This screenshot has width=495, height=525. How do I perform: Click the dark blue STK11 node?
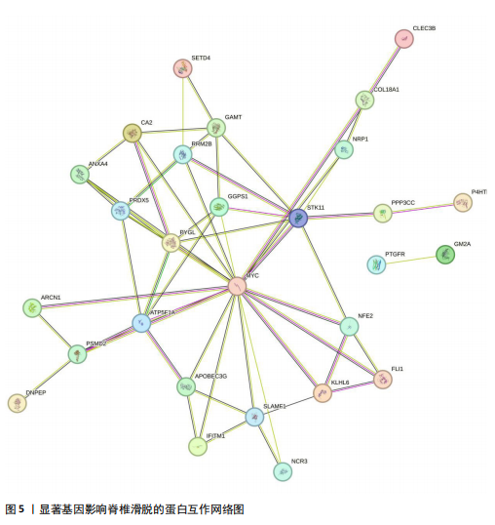[298, 219]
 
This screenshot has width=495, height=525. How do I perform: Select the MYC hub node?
[238, 286]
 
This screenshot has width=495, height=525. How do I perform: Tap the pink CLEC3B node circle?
[404, 39]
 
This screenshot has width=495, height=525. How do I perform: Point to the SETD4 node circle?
[183, 68]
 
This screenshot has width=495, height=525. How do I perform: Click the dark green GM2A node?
[445, 255]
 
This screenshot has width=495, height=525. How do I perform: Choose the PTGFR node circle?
[376, 264]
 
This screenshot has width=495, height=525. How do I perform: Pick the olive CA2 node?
[133, 134]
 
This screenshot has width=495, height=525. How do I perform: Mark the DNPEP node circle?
[18, 403]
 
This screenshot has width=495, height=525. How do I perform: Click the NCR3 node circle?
[283, 471]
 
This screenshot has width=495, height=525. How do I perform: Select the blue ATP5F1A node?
[141, 323]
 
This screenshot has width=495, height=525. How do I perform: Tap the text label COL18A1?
[387, 90]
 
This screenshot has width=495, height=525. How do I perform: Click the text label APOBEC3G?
[210, 377]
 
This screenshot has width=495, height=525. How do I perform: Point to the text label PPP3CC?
[402, 203]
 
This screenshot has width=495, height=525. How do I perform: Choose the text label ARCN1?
[51, 298]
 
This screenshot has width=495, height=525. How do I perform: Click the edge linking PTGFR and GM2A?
[411, 261]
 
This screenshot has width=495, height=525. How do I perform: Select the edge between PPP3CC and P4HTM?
[423, 208]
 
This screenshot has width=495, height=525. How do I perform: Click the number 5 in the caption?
[21, 509]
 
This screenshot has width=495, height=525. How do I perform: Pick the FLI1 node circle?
[383, 380]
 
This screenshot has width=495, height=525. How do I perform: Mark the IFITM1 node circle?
[198, 446]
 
